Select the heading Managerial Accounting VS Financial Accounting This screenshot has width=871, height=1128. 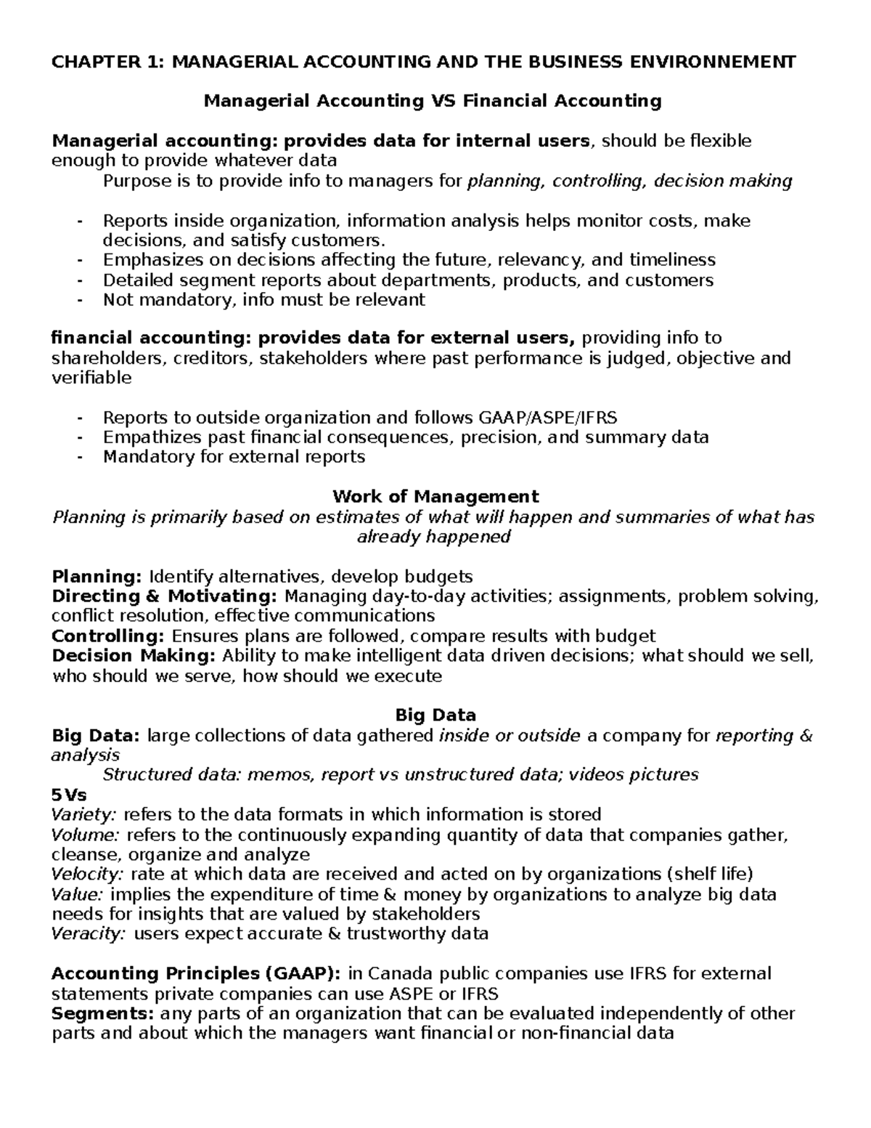coord(433,101)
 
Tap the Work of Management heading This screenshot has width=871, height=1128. coord(435,497)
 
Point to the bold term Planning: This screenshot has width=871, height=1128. coord(97,577)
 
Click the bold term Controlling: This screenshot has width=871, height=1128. coord(109,636)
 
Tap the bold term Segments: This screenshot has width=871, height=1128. coord(102,1013)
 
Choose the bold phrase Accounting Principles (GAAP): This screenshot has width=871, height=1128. coord(197,973)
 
